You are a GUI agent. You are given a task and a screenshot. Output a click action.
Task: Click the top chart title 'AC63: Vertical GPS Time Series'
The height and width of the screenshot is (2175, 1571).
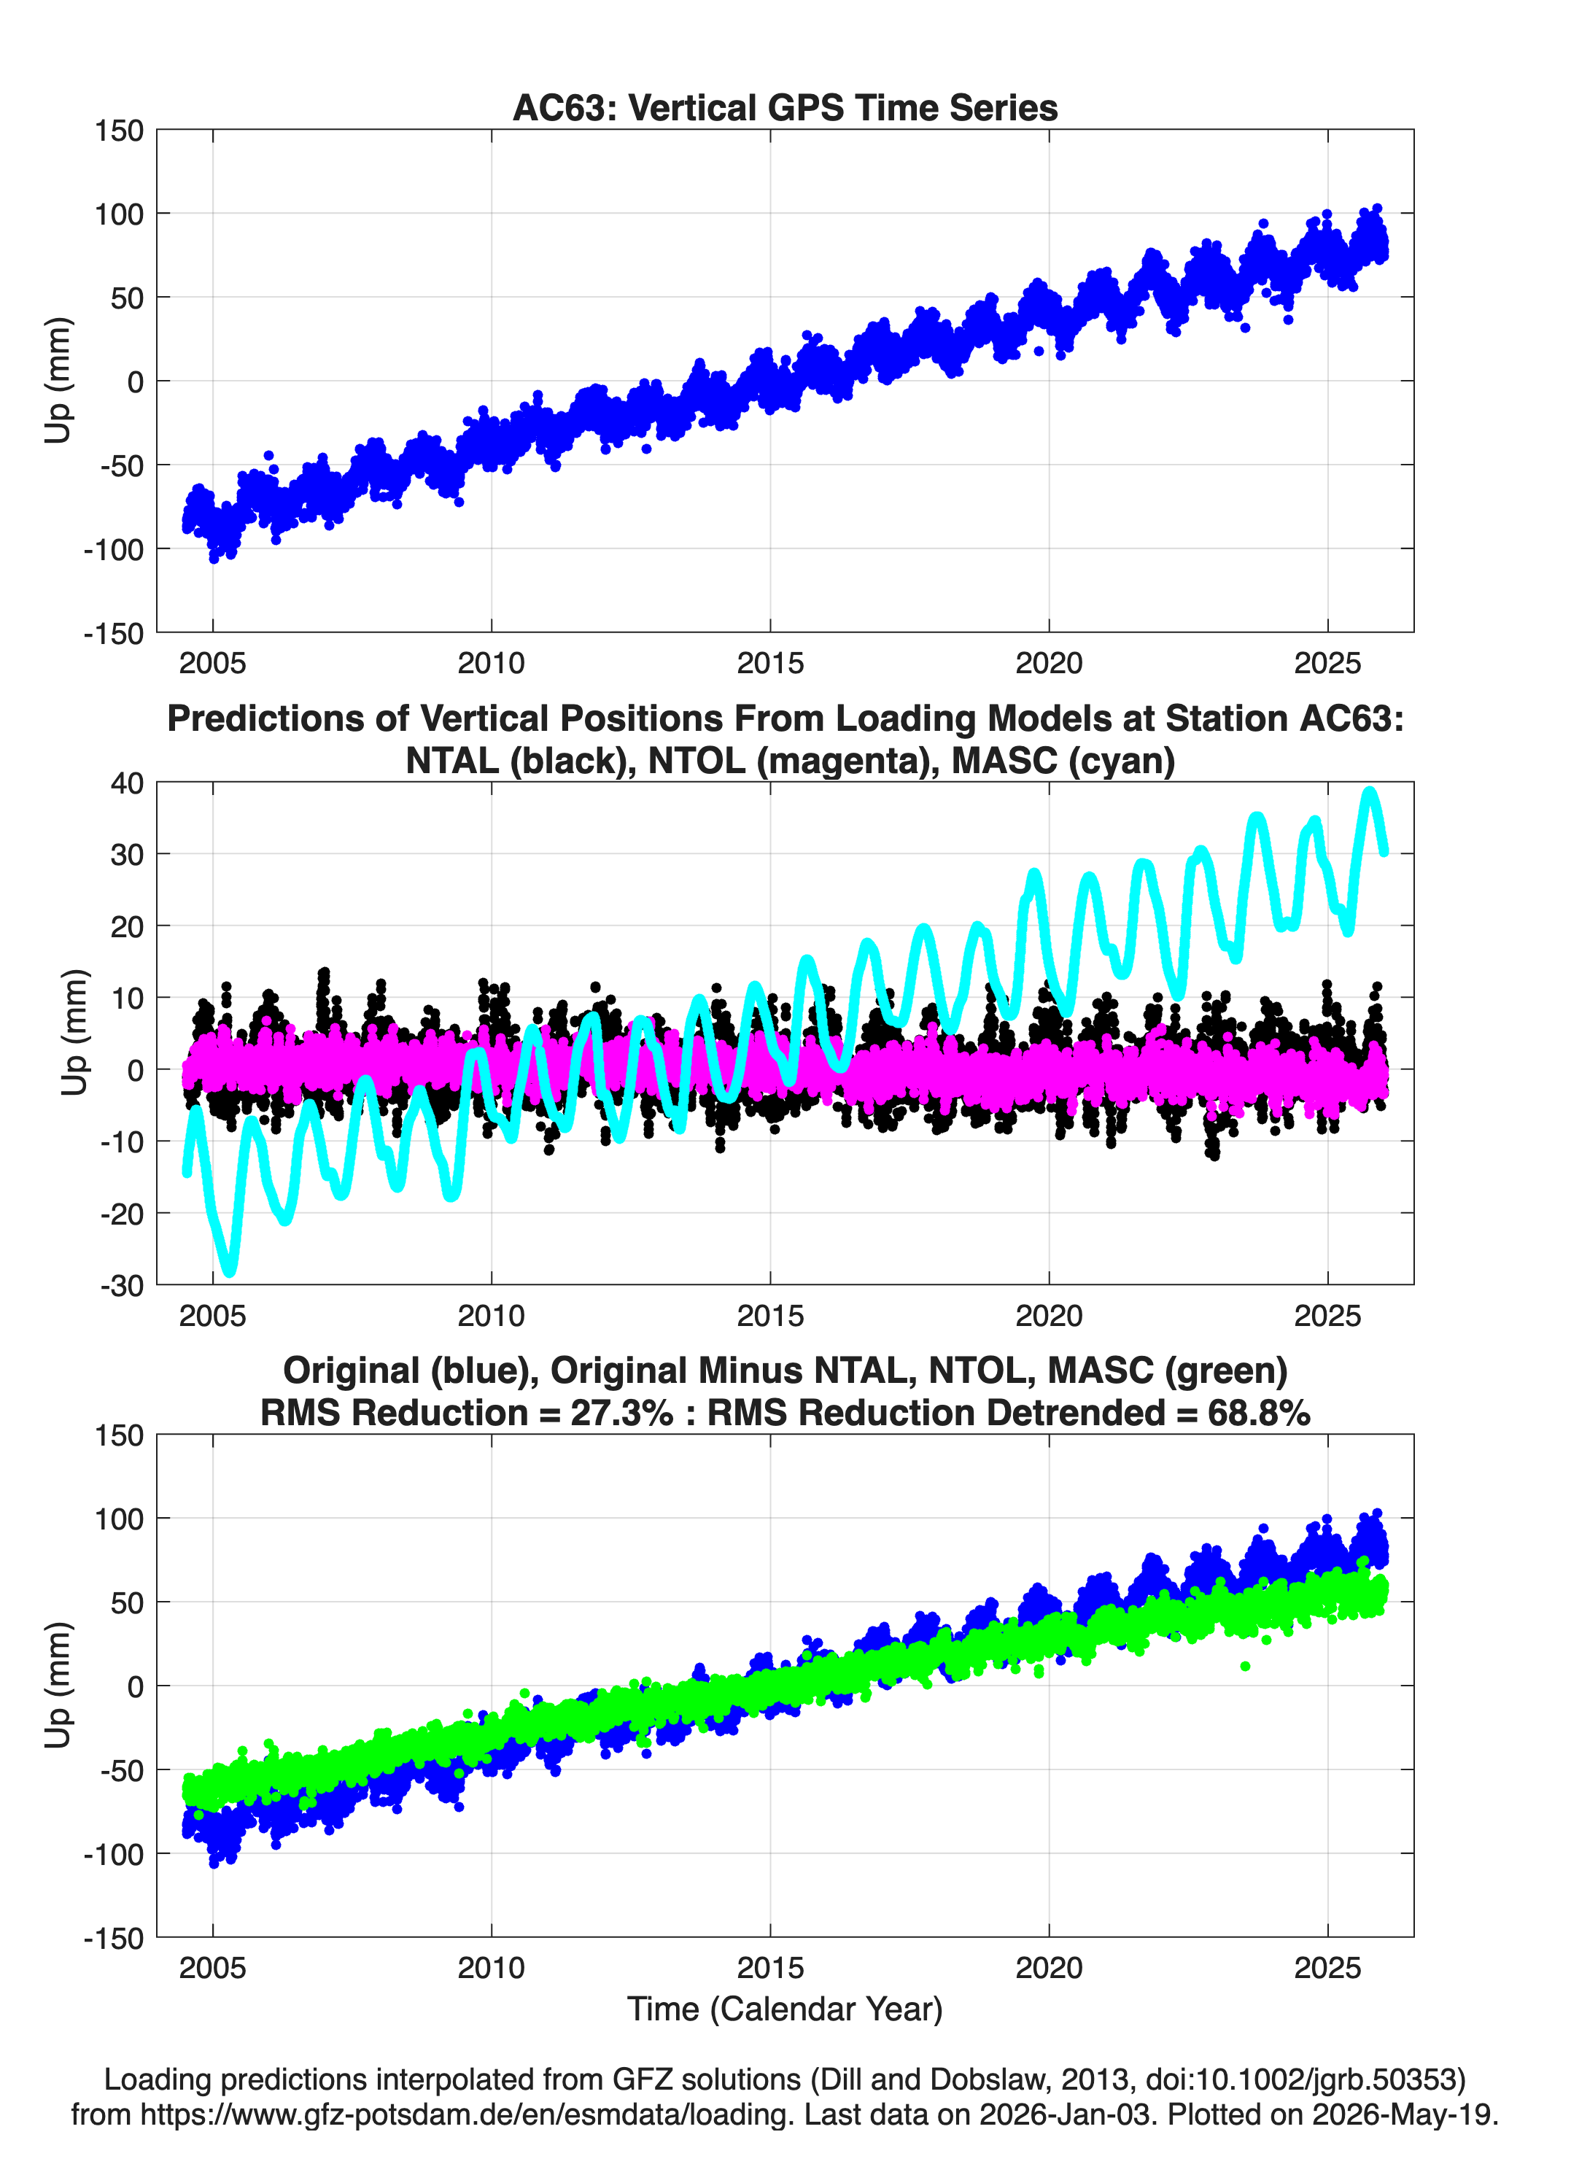pos(785,107)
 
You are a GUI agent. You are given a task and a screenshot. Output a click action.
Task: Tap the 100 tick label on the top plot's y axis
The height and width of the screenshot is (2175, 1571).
pos(118,214)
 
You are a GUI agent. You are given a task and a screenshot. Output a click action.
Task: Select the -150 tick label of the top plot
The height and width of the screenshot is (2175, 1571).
pos(113,633)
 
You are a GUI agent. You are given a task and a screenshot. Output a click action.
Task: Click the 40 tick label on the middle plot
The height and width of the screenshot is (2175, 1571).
pos(127,783)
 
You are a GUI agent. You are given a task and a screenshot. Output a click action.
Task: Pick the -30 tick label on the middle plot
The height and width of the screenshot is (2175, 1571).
pos(122,1285)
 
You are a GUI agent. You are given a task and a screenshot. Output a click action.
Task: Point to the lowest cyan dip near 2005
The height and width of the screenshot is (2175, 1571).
pos(229,1271)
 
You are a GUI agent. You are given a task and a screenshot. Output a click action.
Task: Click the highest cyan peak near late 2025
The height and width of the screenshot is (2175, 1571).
pos(1370,793)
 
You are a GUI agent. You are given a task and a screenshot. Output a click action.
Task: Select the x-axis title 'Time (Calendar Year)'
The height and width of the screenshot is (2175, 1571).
pos(785,2008)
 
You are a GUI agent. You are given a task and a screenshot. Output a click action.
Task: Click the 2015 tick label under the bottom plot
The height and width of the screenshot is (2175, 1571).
pos(770,1968)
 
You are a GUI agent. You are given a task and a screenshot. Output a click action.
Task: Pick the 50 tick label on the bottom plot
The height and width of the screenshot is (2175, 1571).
pos(127,1602)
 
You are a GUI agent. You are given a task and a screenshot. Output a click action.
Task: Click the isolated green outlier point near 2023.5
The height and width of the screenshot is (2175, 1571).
pos(1245,1666)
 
